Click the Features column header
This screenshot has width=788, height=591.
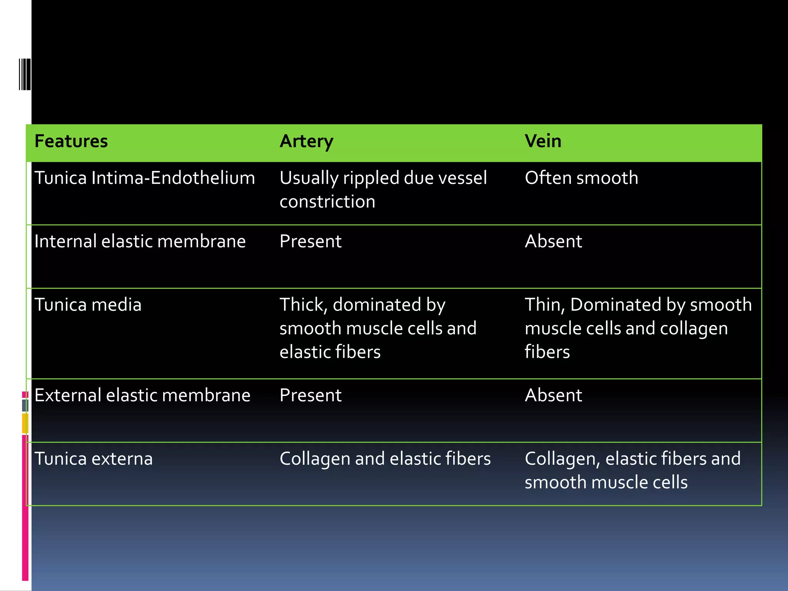tap(71, 141)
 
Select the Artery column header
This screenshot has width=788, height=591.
tap(306, 141)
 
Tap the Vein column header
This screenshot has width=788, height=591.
tap(543, 141)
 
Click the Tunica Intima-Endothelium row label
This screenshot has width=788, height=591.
tap(145, 178)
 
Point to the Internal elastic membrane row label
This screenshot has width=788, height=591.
tap(140, 242)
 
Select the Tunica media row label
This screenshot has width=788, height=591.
tap(88, 305)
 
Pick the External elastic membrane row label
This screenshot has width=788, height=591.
tap(142, 396)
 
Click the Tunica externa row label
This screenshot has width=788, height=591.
tap(93, 459)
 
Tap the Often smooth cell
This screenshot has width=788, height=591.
tap(581, 178)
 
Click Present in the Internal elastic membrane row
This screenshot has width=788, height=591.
tap(311, 242)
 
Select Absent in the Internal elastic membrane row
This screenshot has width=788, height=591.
tap(553, 242)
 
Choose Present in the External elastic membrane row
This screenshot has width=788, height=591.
tap(311, 396)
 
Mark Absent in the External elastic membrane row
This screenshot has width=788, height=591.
tap(553, 396)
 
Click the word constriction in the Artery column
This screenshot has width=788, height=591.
tap(327, 202)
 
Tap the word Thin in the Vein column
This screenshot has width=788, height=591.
tap(544, 305)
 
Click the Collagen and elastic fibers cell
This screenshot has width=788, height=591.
tap(385, 459)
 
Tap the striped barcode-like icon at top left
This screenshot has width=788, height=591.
tap(25, 74)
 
